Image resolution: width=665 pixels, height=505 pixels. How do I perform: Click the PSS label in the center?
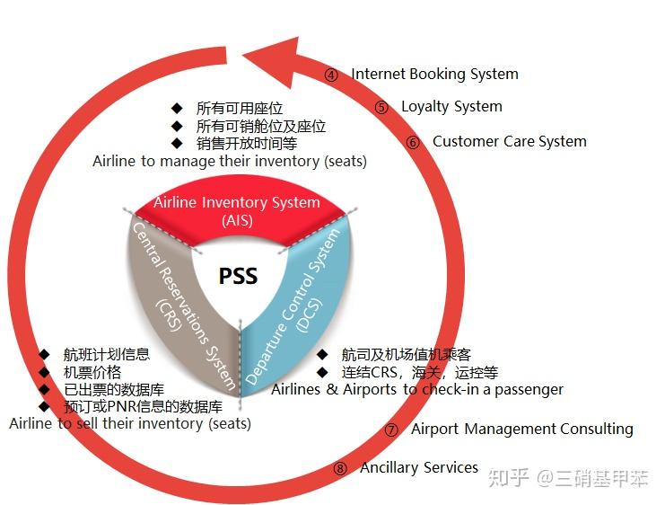tap(238, 275)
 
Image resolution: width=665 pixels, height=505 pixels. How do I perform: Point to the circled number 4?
tap(331, 75)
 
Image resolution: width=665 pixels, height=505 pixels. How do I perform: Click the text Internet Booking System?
tap(434, 74)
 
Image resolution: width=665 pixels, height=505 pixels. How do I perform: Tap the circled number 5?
tap(381, 108)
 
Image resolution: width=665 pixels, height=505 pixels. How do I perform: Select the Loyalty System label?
tap(451, 106)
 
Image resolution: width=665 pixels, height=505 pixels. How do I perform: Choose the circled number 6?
tap(413, 142)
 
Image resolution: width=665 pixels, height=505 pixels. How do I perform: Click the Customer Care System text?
tap(509, 141)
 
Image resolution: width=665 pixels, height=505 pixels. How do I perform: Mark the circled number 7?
tap(390, 430)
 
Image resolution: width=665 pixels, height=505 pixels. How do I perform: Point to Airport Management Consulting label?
tap(521, 429)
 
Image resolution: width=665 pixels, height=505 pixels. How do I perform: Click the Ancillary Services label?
tap(419, 467)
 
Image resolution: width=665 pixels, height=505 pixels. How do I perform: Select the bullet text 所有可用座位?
tap(239, 109)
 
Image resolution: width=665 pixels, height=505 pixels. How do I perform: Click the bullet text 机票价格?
tap(92, 372)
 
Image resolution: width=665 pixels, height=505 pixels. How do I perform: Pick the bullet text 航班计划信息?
tap(106, 355)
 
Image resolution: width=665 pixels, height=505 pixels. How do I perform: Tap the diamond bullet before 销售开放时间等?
tap(177, 143)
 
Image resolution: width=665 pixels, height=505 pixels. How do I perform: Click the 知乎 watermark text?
tap(509, 477)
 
